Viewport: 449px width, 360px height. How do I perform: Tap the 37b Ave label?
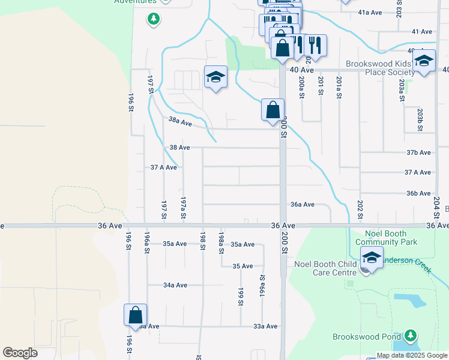pos(418,153)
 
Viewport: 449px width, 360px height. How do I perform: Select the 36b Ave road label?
pos(418,193)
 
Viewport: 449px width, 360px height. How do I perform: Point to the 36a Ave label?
pos(303,205)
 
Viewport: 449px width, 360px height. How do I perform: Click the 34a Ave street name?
pos(175,286)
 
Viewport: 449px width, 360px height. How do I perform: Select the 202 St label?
pos(360,210)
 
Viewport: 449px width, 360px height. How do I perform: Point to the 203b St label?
pos(420,119)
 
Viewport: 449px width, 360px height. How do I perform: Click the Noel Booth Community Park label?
pos(385,238)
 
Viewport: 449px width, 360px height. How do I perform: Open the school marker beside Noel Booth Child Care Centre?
pos(372,259)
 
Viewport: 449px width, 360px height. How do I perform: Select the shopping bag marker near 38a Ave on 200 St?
pos(273,110)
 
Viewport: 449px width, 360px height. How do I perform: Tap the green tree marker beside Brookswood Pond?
pos(411,335)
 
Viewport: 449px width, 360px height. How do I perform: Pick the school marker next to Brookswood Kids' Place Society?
pos(424,61)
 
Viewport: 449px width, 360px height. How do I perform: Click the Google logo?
pos(20,353)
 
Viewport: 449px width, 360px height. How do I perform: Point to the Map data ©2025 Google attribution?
pos(412,355)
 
